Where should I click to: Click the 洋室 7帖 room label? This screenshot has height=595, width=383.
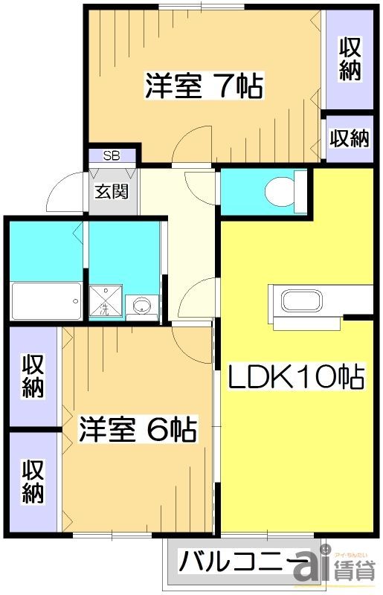coord(203,86)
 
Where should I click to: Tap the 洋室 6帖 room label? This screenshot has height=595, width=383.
coord(138,429)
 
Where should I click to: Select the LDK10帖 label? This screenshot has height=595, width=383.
coord(296,379)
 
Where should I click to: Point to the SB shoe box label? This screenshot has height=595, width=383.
coord(112,155)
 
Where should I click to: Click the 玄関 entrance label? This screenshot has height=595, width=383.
coord(112,190)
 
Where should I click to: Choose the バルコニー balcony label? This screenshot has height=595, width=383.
coord(245,559)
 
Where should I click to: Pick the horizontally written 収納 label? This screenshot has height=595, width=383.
coord(350,138)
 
